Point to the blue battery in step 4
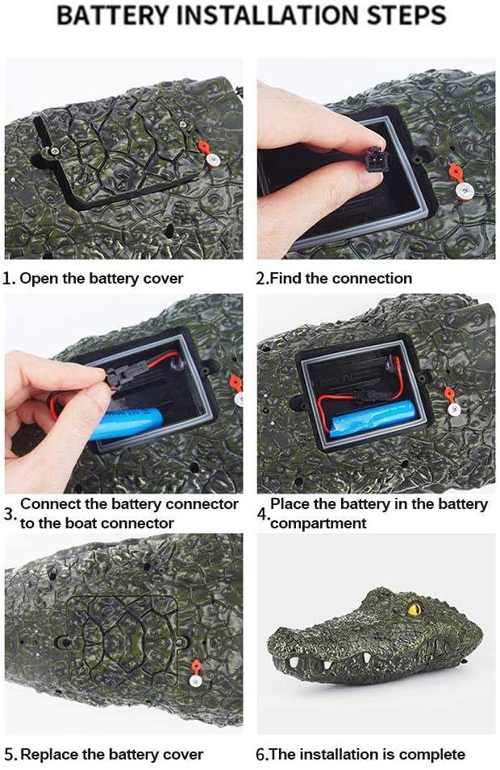(373, 418)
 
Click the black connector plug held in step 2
(375, 159)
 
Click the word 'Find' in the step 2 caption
(286, 278)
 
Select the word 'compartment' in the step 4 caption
(319, 524)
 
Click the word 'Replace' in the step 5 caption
(50, 754)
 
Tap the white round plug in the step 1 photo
(214, 160)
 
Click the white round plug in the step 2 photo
(464, 191)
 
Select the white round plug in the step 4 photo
(454, 411)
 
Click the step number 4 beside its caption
(262, 514)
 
